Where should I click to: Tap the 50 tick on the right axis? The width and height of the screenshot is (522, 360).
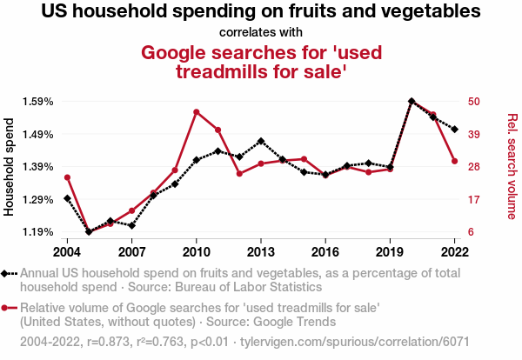pyautogui.click(x=474, y=101)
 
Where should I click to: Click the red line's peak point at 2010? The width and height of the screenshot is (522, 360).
pyautogui.click(x=197, y=112)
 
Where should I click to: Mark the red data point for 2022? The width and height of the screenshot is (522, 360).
pyautogui.click(x=454, y=161)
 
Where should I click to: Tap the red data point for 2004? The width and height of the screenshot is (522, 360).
pyautogui.click(x=67, y=177)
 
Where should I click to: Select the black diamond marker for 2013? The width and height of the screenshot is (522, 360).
pyautogui.click(x=261, y=141)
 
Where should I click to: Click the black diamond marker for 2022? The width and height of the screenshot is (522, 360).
pyautogui.click(x=454, y=129)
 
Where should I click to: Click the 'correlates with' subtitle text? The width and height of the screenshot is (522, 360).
pyautogui.click(x=260, y=32)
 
